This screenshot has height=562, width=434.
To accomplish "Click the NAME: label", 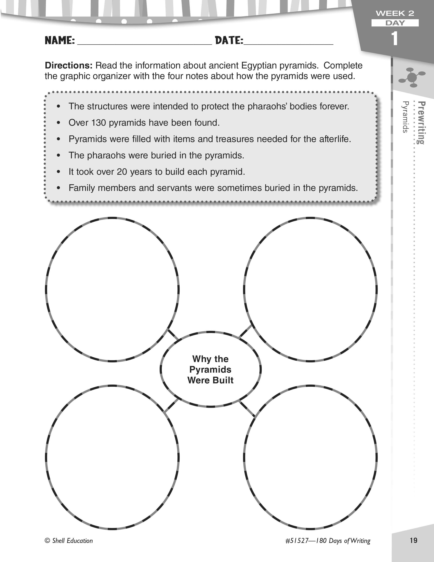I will coord(60,41).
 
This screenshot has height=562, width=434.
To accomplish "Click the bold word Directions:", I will coord(69,66).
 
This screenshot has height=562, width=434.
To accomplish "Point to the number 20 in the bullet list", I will coord(122,172).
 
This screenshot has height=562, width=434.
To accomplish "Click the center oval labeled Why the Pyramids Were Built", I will coord(211,369).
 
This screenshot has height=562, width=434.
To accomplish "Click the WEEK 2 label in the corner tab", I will coord(395,13).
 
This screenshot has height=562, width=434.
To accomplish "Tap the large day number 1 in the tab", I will coord(394,39).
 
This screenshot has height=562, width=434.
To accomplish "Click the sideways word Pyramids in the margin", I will coord(405,117).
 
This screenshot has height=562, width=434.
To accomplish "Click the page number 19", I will coord(413,540).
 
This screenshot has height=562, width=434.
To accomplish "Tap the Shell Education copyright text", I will coord(69,541).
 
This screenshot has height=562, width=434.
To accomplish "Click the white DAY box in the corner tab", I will coord(395,23).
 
